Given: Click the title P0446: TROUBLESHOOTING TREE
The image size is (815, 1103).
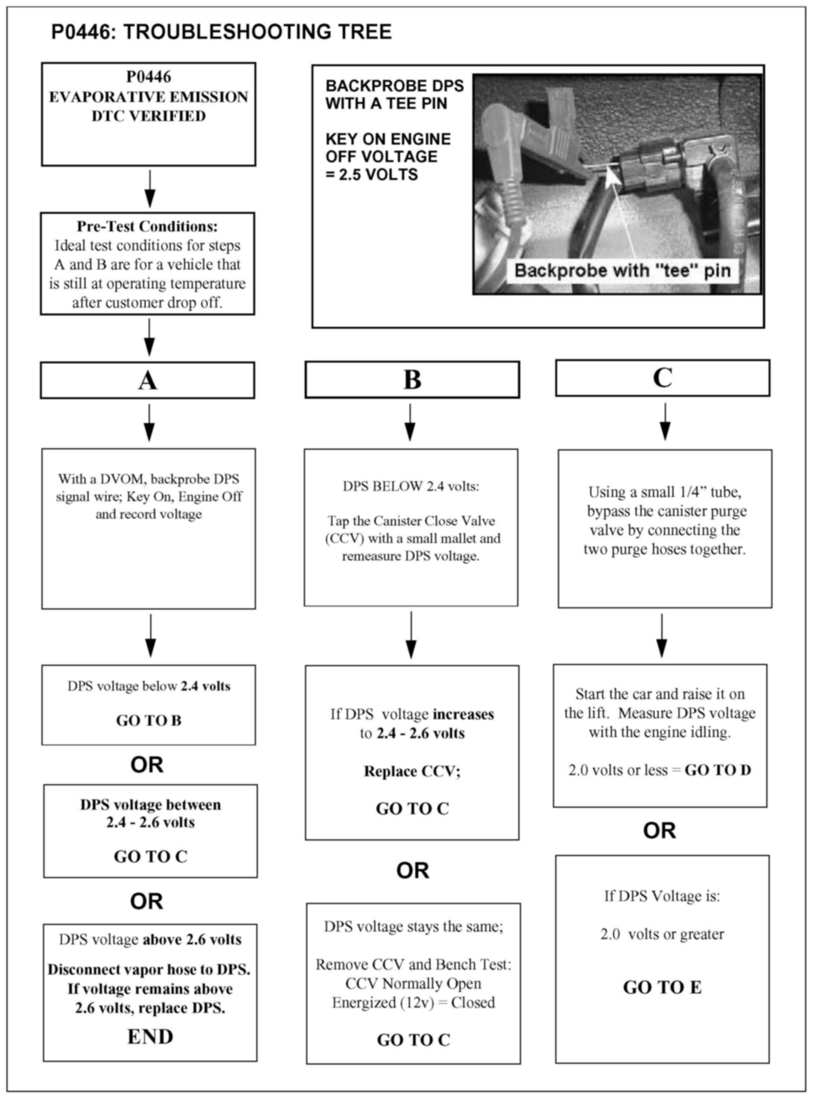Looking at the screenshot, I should tap(221, 32).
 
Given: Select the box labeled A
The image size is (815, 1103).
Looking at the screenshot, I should tap(148, 380).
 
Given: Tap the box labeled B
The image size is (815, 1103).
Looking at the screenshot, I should tap(412, 379).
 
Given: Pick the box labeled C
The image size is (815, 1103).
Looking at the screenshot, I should tap(662, 378).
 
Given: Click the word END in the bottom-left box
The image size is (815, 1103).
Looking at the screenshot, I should tap(150, 1036).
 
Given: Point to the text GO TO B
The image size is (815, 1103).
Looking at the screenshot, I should tap(148, 721).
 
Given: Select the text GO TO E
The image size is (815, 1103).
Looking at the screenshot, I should tap(662, 987).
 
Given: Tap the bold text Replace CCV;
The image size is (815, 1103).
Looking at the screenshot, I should tap(412, 771).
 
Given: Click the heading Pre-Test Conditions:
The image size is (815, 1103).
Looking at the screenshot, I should tap(147, 226).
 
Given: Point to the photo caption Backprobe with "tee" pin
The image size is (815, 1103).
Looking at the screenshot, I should tap(622, 271).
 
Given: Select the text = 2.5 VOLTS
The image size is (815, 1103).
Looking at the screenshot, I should tap(372, 175).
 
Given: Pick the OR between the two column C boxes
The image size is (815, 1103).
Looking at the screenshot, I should tap(659, 831).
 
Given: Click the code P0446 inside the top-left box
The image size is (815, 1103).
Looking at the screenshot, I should tap(148, 77).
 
